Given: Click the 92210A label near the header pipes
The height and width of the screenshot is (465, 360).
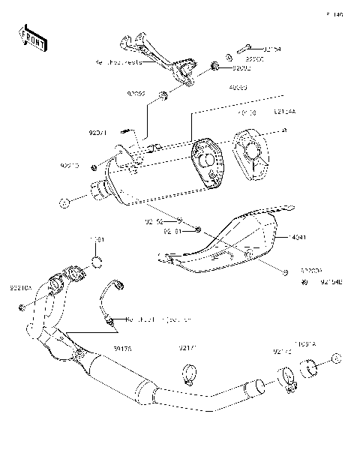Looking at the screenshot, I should coord(21,287).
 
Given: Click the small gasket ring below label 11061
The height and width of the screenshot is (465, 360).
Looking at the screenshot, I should coord(97,261).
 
